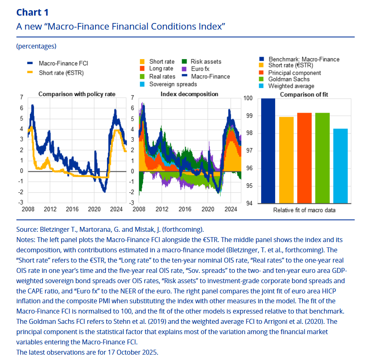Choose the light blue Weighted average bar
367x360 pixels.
[340, 166]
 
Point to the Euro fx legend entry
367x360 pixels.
[200, 69]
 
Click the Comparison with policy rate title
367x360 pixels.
[77, 94]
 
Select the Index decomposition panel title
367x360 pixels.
[189, 94]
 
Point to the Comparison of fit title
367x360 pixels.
[304, 95]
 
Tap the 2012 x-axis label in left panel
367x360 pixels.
[50, 209]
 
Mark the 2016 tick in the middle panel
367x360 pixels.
[185, 209]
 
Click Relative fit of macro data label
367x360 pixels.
[304, 210]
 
